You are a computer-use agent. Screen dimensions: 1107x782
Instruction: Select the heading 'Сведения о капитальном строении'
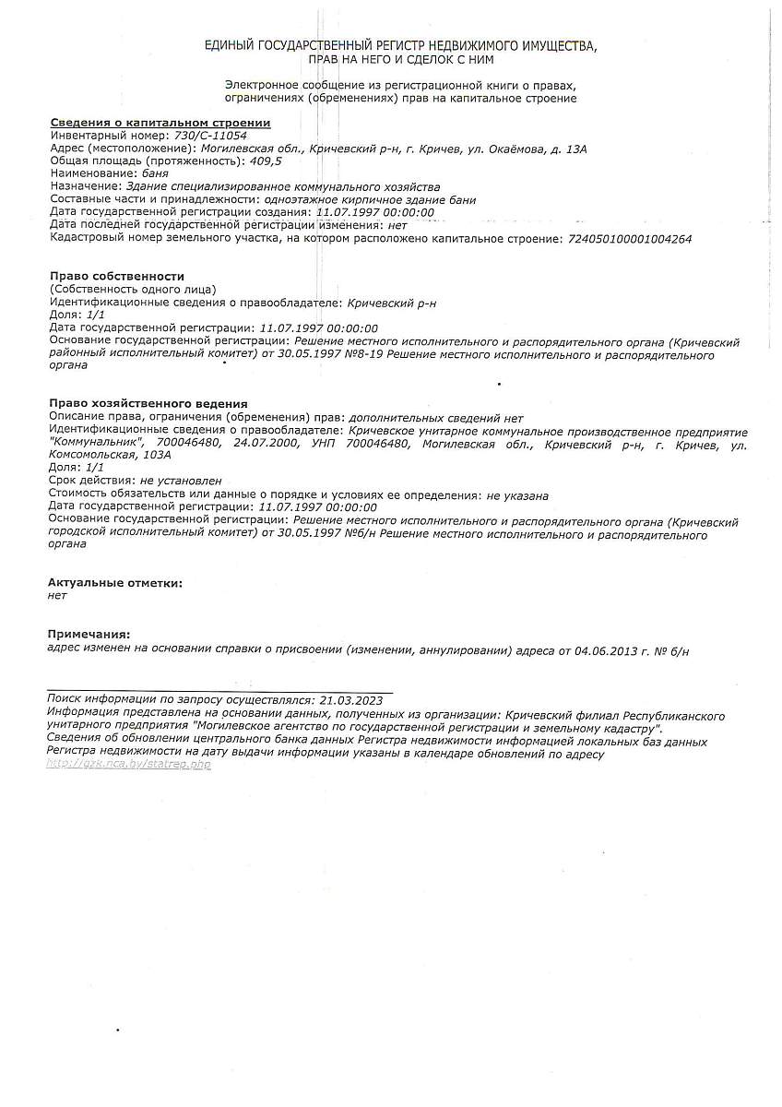(160, 123)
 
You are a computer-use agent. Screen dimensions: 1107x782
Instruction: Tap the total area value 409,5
(265, 161)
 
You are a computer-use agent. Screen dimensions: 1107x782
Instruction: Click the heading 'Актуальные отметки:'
(115, 583)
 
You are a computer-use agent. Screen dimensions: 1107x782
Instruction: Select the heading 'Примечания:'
(89, 634)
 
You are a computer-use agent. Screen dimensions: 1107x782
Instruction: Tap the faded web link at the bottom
(128, 765)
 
